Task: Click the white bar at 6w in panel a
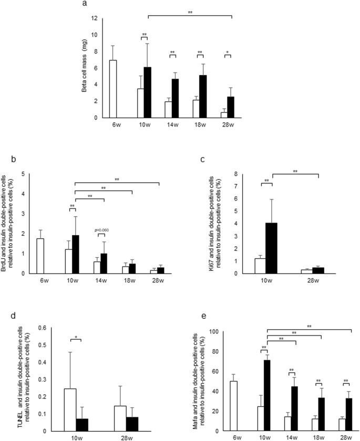[x=112, y=89]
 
